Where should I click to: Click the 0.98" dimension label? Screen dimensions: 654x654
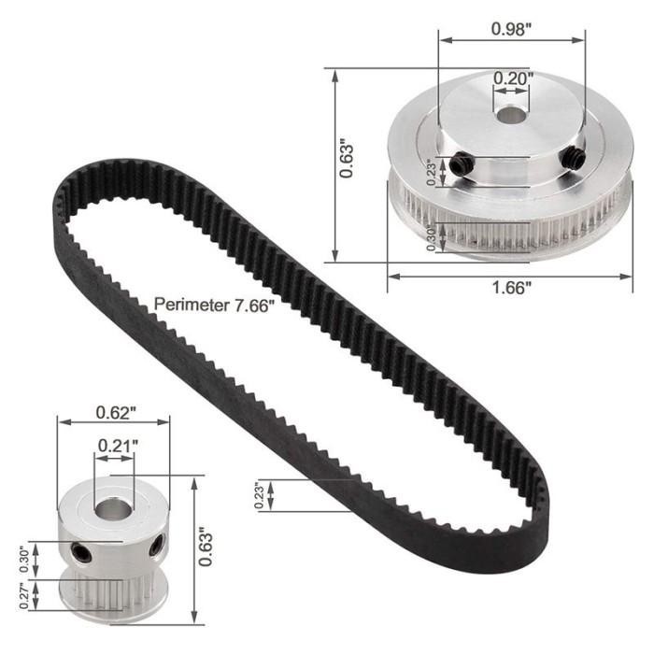[511, 28]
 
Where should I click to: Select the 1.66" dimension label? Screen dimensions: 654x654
[510, 289]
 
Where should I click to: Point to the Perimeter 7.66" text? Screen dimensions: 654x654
[216, 304]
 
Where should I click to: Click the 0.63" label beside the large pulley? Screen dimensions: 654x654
[347, 160]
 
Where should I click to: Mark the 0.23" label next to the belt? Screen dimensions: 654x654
[259, 494]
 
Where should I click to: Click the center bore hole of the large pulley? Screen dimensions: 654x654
[510, 117]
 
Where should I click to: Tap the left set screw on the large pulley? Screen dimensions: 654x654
[460, 165]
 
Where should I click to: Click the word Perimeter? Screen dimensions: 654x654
[188, 304]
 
